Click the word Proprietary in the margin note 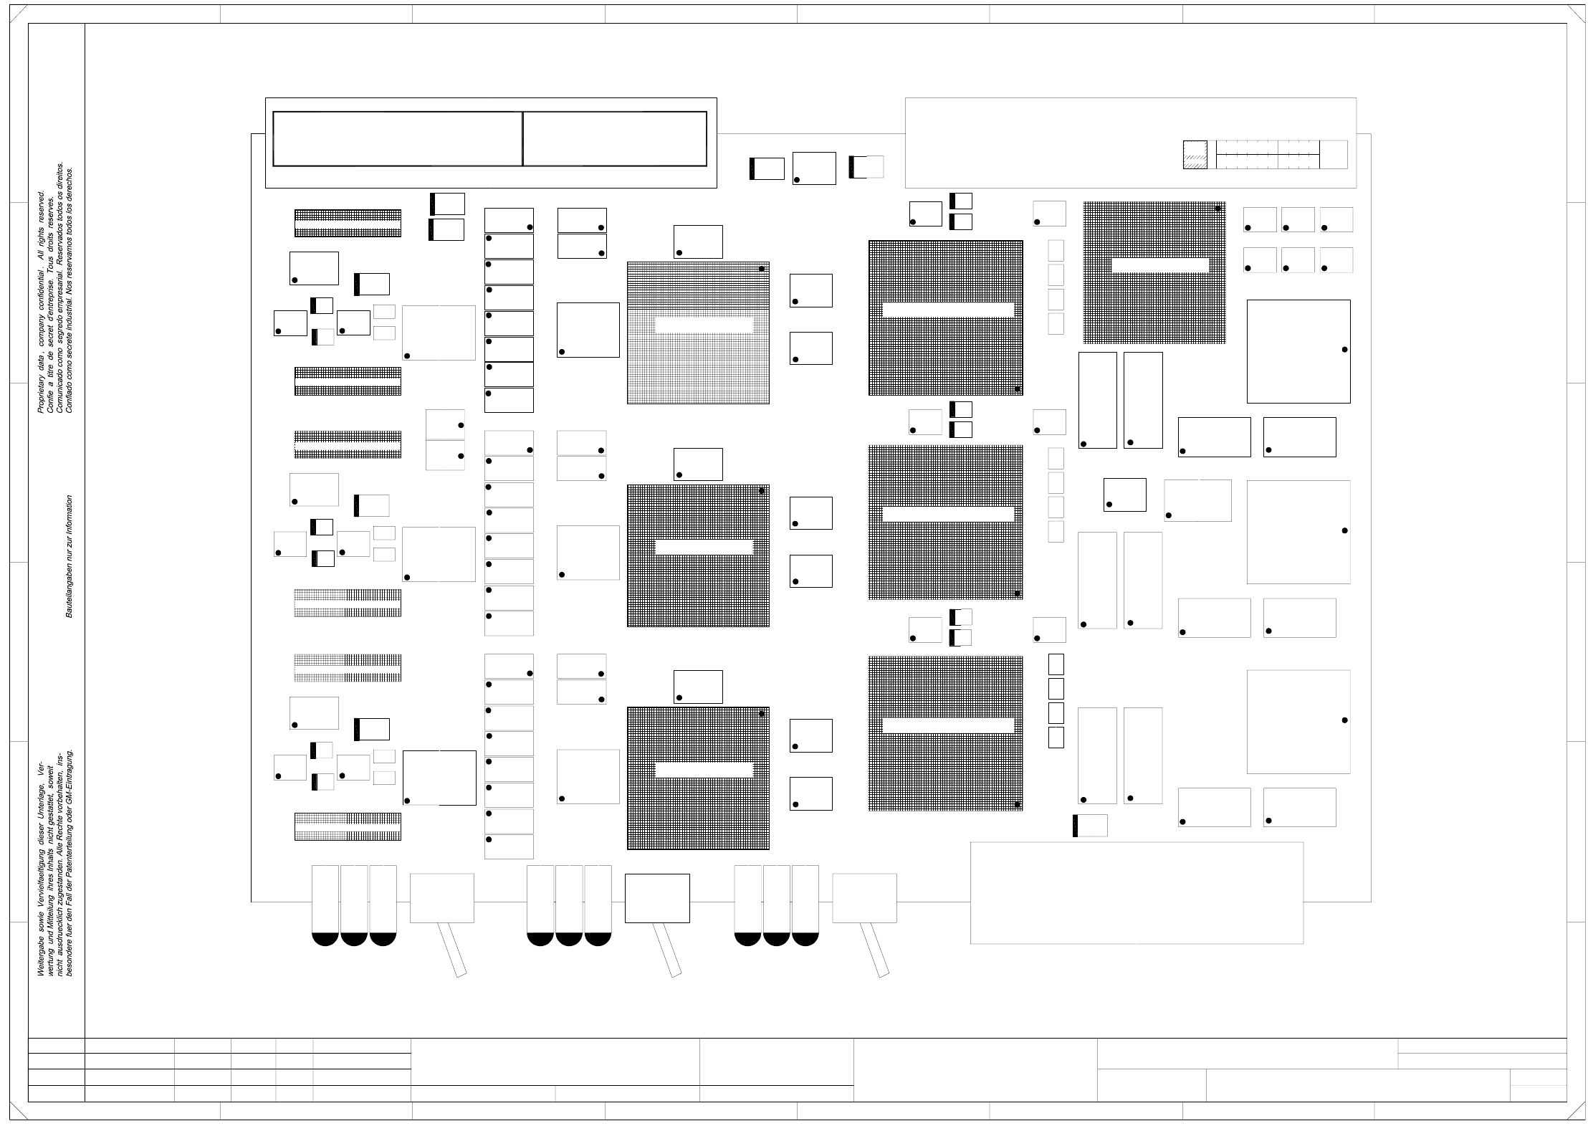coord(40,398)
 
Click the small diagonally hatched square coord(1195,155)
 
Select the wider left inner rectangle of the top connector coord(398,138)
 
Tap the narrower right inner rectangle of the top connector coord(615,138)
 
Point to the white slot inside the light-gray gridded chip coord(704,325)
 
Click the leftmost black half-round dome coord(325,939)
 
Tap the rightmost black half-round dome coord(805,939)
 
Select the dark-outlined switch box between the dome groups coord(656,898)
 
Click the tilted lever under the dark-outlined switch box coord(667,950)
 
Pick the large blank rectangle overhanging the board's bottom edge coord(1136,893)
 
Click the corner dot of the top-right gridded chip coord(1218,209)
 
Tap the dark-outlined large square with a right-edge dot coord(1298,351)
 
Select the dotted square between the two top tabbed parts coord(814,168)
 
